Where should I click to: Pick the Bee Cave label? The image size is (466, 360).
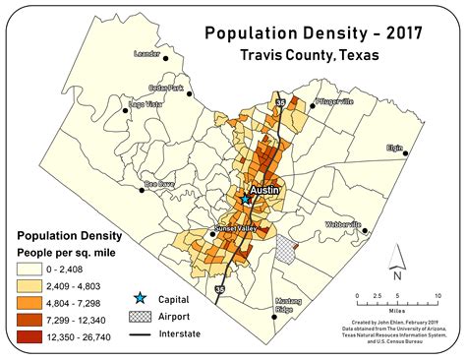160,183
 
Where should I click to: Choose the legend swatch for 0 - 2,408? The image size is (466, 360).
32,267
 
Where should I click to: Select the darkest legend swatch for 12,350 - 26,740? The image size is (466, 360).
32,337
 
